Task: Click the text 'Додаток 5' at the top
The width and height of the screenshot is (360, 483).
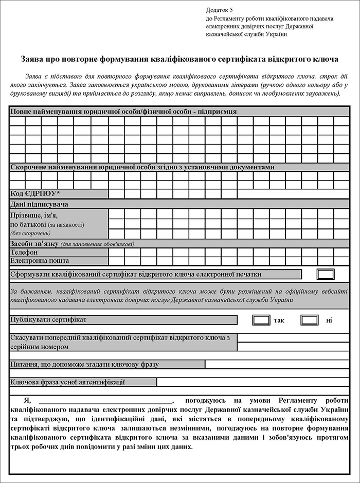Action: click(219, 10)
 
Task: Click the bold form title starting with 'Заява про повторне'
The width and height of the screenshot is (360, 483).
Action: click(179, 59)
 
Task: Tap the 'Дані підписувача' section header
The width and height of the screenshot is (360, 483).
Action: click(40, 204)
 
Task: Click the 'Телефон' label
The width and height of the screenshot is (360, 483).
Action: click(24, 253)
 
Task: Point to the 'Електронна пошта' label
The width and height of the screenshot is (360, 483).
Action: click(40, 261)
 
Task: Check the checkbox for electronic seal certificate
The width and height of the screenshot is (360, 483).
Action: click(326, 274)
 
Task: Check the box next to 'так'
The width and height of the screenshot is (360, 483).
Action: click(261, 320)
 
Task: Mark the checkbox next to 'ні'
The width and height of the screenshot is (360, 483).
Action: click(310, 320)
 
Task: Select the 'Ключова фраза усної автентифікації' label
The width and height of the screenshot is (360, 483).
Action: click(67, 382)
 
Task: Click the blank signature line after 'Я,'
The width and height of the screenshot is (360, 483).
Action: click(105, 400)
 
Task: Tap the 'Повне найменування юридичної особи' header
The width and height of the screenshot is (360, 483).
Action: click(123, 111)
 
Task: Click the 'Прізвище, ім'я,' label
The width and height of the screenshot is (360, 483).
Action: click(34, 216)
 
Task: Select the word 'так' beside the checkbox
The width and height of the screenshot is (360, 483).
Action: click(279, 320)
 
